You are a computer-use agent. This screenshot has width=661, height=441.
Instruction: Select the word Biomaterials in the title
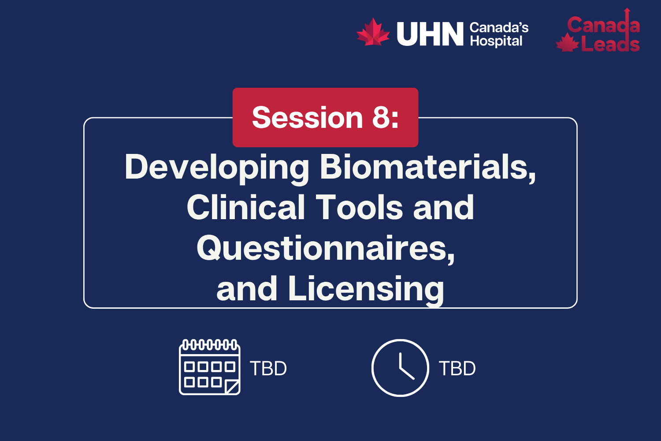tap(428, 167)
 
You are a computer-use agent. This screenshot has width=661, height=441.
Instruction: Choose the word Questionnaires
tap(326, 248)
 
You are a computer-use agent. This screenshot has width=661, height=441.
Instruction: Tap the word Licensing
tap(366, 289)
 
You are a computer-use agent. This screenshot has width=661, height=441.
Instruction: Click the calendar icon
tap(210, 367)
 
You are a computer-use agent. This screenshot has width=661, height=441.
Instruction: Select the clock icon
tap(400, 368)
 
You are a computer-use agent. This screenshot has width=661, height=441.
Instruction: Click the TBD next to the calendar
tap(268, 369)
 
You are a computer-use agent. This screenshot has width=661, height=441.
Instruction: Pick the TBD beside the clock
tap(457, 369)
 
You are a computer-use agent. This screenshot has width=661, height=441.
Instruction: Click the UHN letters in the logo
tap(430, 34)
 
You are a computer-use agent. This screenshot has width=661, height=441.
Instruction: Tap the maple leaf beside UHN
tap(373, 32)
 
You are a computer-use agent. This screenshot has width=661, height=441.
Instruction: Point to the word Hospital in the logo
tap(496, 41)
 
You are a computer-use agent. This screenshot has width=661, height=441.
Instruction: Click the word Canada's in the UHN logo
tap(499, 28)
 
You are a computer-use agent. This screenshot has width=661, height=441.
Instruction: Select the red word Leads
tap(610, 45)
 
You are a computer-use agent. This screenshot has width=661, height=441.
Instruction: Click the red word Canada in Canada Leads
tap(603, 25)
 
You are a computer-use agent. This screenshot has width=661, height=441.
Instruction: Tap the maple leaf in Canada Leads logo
tap(567, 43)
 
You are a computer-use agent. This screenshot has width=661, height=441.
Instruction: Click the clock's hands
tap(404, 369)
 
